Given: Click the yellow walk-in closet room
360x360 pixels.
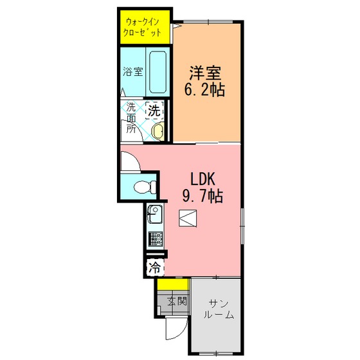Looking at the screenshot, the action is pos(145,27).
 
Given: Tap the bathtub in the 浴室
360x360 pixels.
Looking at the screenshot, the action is pos(158,72).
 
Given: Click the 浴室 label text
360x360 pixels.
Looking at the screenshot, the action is pos(133,71).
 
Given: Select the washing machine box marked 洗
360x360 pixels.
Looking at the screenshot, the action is pos(154,111).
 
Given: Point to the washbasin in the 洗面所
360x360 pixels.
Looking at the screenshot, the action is pos(158,131).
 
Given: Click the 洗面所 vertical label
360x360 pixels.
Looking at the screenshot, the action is pos(131,118).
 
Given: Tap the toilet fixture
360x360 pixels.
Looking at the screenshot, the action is pos(145,186).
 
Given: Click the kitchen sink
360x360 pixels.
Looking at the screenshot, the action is pos(155,214).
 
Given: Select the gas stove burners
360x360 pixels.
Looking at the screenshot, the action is pos(156,239).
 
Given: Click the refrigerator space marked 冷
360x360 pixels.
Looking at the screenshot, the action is pos(156,267).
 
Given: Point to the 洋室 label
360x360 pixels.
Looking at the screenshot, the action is pos(205,73).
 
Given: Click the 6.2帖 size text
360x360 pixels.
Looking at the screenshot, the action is pos(204,89).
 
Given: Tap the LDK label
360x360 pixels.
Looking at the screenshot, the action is pos(203,179).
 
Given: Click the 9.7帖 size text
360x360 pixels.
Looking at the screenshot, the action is pos(203,195).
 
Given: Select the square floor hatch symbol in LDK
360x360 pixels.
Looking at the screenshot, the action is pos(188,219).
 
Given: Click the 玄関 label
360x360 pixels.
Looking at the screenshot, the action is pos(177,301).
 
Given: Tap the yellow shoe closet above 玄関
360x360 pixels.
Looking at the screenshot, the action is pos(173,284).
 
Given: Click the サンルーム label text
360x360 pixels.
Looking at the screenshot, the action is pos(219,309).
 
